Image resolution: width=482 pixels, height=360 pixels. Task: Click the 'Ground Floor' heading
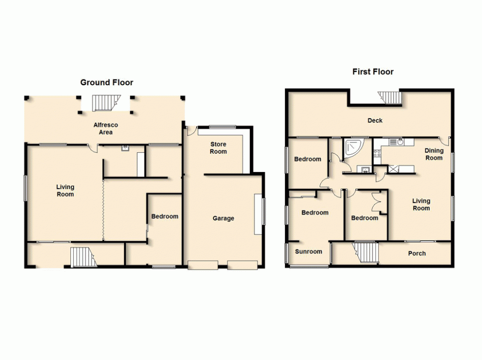pyautogui.click(x=107, y=82)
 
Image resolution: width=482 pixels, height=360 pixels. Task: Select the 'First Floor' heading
pyautogui.click(x=373, y=72)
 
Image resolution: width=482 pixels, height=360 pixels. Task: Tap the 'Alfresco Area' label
pyautogui.click(x=106, y=129)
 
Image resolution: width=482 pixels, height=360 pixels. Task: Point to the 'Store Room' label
pyautogui.click(x=218, y=148)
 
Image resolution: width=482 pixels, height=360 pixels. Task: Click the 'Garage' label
pyautogui.click(x=223, y=218)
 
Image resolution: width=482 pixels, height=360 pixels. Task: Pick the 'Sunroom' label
pyautogui.click(x=308, y=252)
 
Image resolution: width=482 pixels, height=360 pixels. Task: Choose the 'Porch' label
pyautogui.click(x=416, y=253)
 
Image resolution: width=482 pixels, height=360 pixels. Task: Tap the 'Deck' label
pyautogui.click(x=375, y=120)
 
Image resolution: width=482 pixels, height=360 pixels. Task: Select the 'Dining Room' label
pyautogui.click(x=433, y=154)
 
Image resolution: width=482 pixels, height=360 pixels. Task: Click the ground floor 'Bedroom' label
pyautogui.click(x=164, y=216)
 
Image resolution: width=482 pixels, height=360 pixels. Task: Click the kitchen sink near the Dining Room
pyautogui.click(x=400, y=142)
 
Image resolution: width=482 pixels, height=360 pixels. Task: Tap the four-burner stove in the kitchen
pyautogui.click(x=377, y=154)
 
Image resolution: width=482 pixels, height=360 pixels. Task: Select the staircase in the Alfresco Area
pyautogui.click(x=105, y=103)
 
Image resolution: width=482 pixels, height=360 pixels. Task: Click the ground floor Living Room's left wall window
pyautogui.click(x=26, y=187)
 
